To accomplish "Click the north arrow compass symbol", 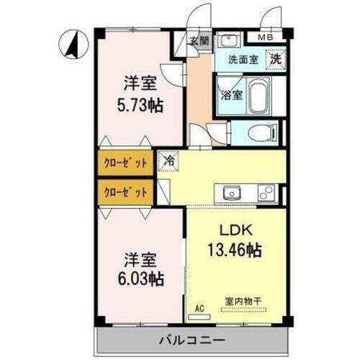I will tap(73, 44).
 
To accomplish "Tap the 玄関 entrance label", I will tap(199, 41).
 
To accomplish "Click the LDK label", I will tap(235, 232).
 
